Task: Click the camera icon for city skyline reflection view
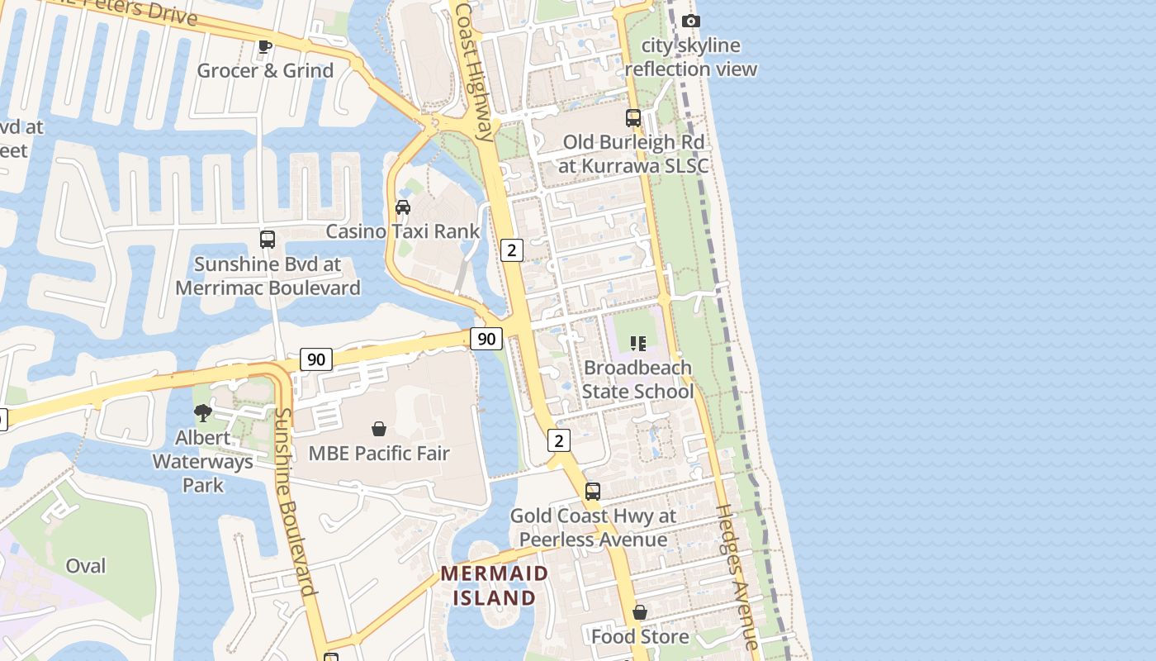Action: click(x=691, y=21)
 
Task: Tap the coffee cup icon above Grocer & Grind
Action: click(x=264, y=46)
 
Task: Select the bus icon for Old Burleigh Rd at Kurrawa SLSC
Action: click(x=633, y=118)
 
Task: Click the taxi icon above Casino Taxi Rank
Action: click(x=403, y=207)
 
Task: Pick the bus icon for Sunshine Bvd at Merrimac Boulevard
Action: click(x=268, y=240)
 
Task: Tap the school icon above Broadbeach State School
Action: click(x=637, y=343)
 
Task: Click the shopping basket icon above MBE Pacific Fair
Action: click(x=379, y=429)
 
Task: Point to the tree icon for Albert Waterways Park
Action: click(x=202, y=412)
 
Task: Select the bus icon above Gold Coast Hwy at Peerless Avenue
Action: click(x=593, y=492)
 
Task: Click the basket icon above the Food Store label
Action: click(x=640, y=612)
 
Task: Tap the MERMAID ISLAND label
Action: click(x=494, y=585)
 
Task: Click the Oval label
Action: click(x=86, y=566)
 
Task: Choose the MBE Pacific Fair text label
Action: click(x=379, y=454)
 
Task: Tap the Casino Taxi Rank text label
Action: click(x=403, y=231)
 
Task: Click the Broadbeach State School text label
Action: click(x=637, y=379)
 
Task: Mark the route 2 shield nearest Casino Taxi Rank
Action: click(x=512, y=250)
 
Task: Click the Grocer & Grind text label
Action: click(x=265, y=70)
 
